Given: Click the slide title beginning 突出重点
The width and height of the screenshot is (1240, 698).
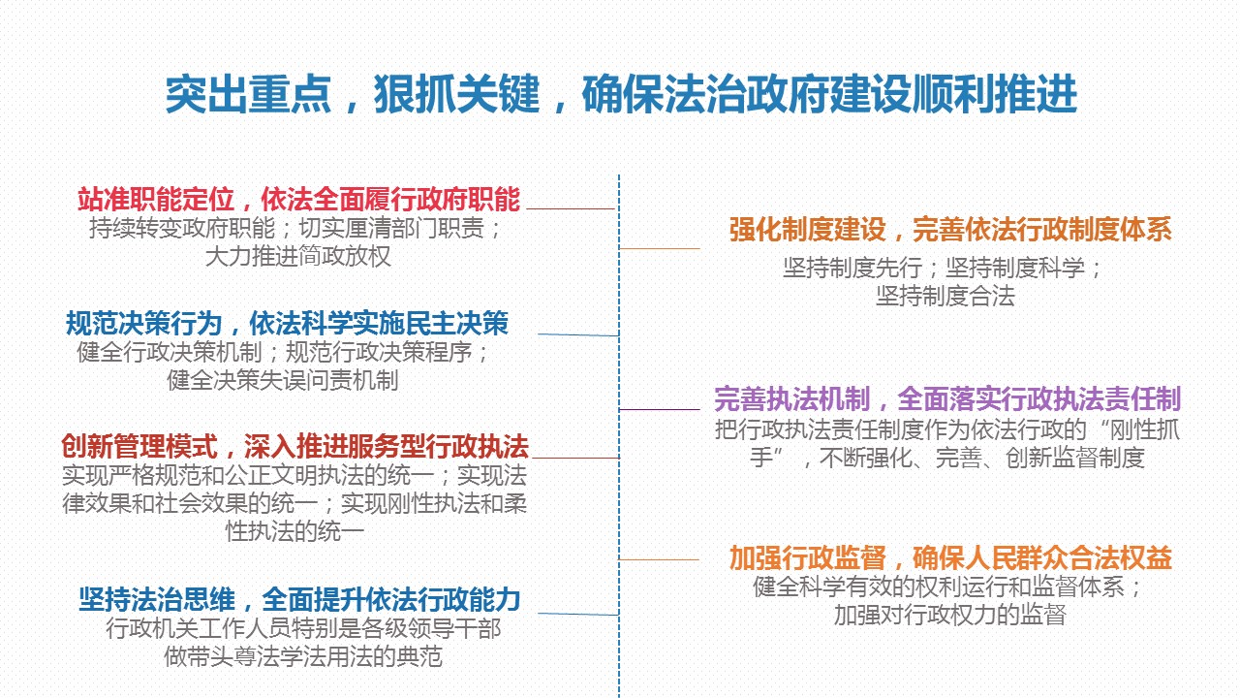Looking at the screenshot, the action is pos(621,94).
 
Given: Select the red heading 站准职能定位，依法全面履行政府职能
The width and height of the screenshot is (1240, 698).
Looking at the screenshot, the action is pos(299,199).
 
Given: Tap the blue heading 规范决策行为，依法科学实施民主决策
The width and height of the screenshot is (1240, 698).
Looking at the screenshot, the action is pos(288,323).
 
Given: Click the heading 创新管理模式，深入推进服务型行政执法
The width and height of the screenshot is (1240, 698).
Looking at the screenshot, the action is pos(295,447).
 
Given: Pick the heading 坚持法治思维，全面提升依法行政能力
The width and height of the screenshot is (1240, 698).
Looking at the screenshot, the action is pos(299,599).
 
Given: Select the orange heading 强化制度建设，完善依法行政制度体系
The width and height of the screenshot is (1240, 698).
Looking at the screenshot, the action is pos(950,230).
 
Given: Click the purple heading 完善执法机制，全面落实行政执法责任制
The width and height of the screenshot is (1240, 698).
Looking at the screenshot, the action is pos(947,398).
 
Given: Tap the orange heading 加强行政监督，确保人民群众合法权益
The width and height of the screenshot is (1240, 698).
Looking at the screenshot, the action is pos(950,557).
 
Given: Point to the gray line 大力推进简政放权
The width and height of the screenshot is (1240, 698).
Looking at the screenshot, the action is pos(298,257).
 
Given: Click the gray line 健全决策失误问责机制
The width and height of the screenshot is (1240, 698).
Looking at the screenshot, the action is pos(283,381).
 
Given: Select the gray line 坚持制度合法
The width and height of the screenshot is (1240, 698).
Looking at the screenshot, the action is pos(945,296).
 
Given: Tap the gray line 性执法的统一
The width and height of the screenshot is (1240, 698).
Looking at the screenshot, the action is pos(295,532).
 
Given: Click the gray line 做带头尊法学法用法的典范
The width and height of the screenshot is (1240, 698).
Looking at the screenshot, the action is pos(303,657).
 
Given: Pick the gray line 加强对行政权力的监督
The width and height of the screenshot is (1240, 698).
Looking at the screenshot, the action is pos(950,615).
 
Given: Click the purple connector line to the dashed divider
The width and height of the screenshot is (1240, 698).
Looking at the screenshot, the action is pos(660,409).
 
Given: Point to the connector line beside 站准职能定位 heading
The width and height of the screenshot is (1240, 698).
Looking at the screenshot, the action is pos(571,208).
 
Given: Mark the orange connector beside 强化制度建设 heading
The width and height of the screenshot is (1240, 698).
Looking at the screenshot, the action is pos(660,249).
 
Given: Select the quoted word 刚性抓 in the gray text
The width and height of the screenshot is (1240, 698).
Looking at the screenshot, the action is pos(1146,429).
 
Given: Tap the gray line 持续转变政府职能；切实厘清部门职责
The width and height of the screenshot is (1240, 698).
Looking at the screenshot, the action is pos(295,228).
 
